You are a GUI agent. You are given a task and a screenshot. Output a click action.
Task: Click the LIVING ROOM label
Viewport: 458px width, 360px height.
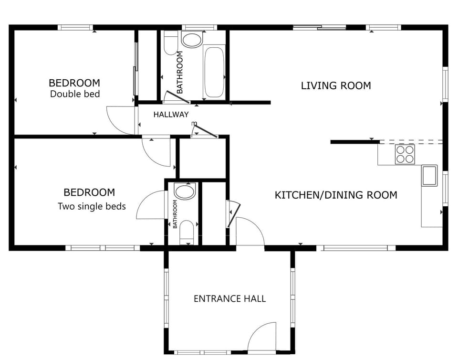(x=336, y=85)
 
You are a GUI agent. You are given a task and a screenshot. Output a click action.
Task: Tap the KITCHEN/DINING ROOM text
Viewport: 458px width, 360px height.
(x=336, y=195)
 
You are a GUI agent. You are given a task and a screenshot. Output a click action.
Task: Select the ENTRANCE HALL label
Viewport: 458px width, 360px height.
(x=229, y=298)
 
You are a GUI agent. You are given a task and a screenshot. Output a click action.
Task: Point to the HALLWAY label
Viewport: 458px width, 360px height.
(x=171, y=115)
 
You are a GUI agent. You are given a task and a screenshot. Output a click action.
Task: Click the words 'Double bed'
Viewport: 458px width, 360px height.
(x=75, y=94)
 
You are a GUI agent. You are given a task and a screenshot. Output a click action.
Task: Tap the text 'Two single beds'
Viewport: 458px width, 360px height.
(x=92, y=206)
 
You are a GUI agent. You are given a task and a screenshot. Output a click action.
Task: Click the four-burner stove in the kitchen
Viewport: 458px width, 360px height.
(x=405, y=154)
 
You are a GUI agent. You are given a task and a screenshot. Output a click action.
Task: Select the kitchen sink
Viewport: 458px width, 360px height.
(x=429, y=175)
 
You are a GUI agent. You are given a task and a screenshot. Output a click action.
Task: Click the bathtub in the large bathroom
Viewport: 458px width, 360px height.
(x=214, y=72)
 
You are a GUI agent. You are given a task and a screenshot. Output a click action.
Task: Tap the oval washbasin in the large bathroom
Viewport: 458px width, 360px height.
(x=192, y=40)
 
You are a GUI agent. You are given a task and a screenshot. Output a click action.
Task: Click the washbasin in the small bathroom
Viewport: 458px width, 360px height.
(x=184, y=191)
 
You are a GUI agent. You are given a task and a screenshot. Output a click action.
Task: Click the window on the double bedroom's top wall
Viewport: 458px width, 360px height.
(x=75, y=28)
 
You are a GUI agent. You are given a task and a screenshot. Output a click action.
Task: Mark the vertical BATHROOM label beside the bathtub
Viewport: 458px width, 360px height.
(x=180, y=72)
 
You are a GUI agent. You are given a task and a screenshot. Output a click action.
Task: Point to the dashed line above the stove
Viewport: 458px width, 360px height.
(x=411, y=142)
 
